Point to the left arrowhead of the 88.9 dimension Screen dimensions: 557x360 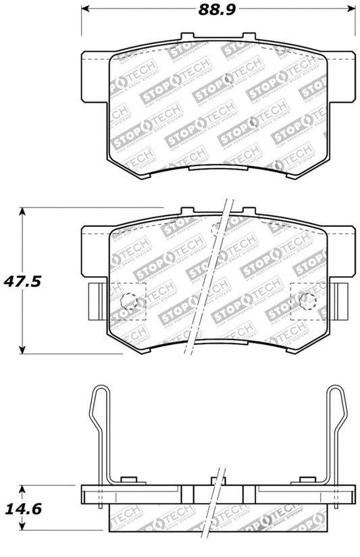(86, 9)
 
